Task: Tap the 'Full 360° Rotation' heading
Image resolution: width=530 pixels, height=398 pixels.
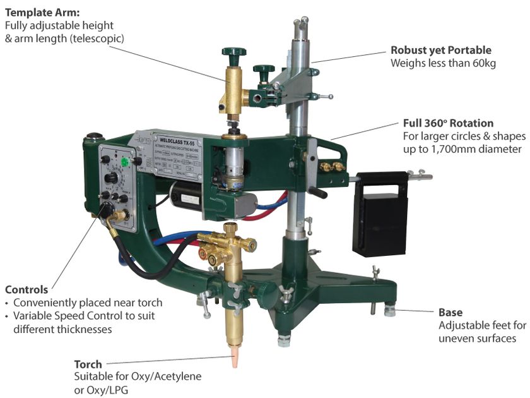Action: point(448,123)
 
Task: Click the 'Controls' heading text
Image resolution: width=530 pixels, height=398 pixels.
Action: point(26,289)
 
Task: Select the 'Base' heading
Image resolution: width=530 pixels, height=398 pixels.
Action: point(450,312)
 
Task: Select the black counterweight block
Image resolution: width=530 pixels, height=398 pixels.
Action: point(380,215)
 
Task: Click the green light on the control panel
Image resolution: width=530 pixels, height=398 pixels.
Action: point(125,162)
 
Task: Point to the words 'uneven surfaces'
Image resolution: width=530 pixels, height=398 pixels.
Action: point(478,338)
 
